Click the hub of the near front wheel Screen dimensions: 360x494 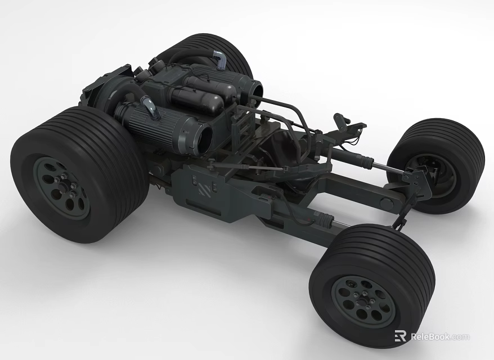(x=363, y=301)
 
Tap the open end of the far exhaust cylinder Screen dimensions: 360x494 (x=254, y=91)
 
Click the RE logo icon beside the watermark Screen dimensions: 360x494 (x=401, y=336)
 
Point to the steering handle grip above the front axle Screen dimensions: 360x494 (x=341, y=119)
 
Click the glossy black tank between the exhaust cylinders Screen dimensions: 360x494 (x=197, y=100)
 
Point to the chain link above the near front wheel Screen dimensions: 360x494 (x=399, y=221)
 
